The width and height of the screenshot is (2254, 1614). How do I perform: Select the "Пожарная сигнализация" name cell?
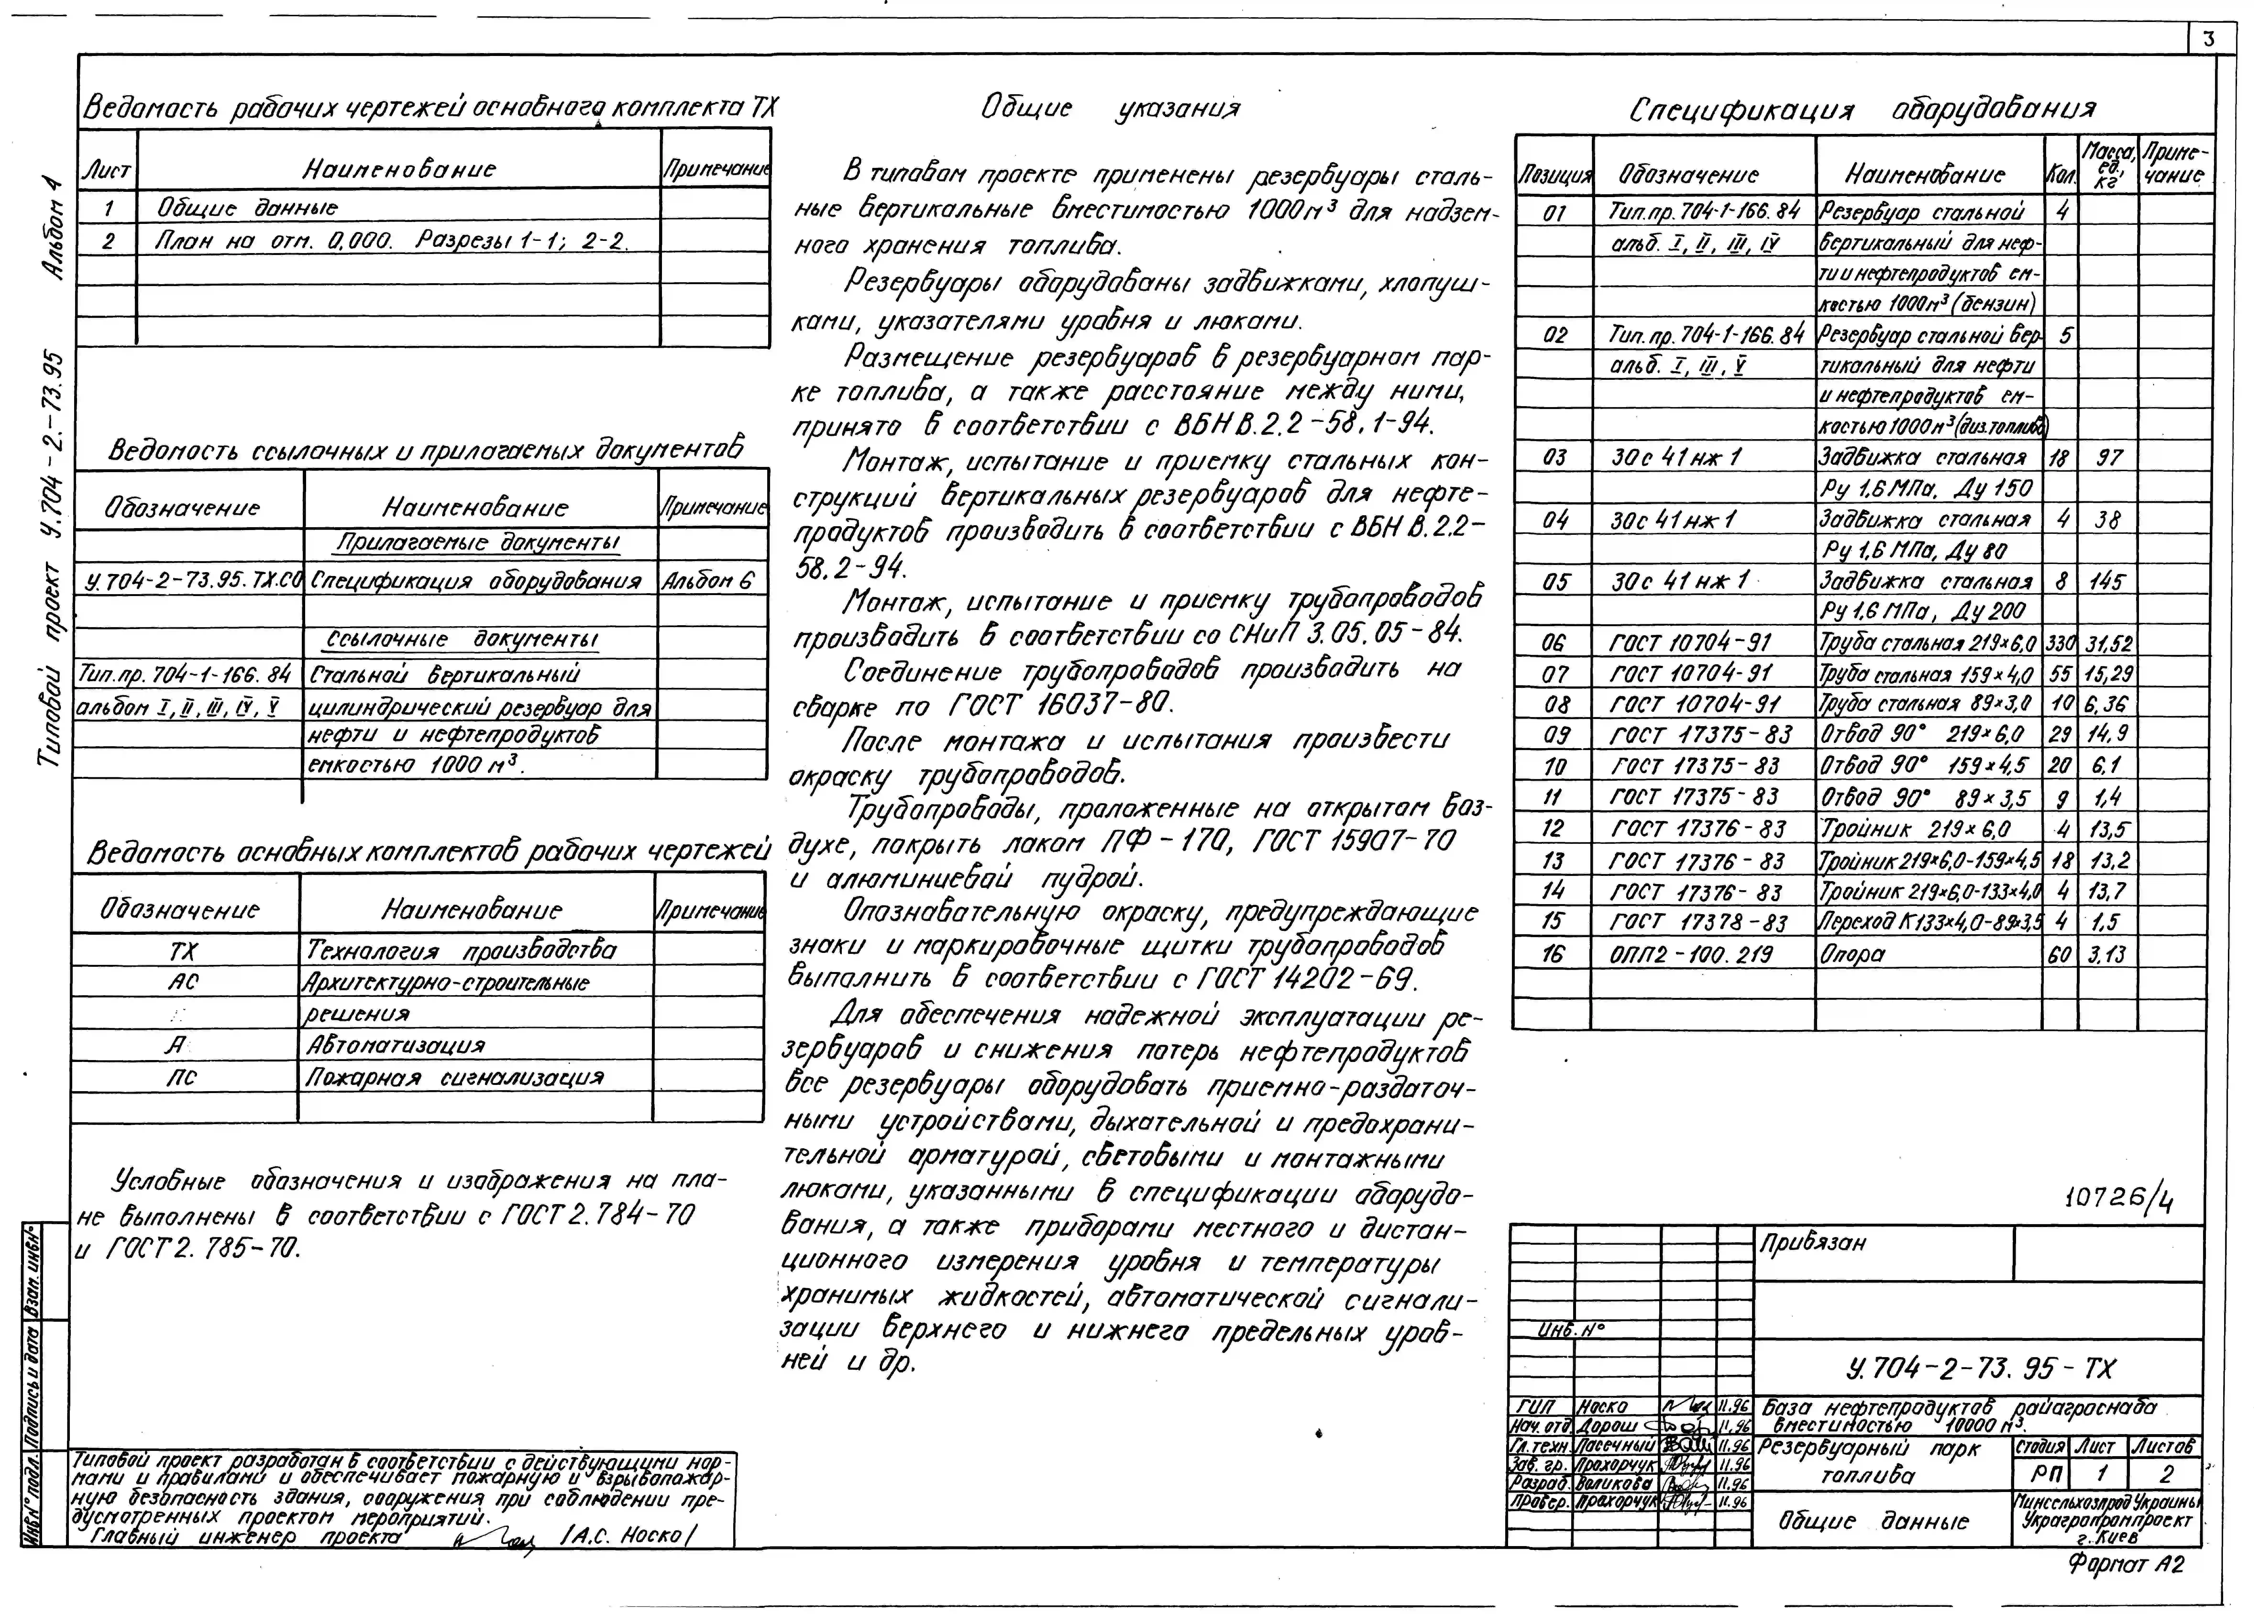(454, 1077)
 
